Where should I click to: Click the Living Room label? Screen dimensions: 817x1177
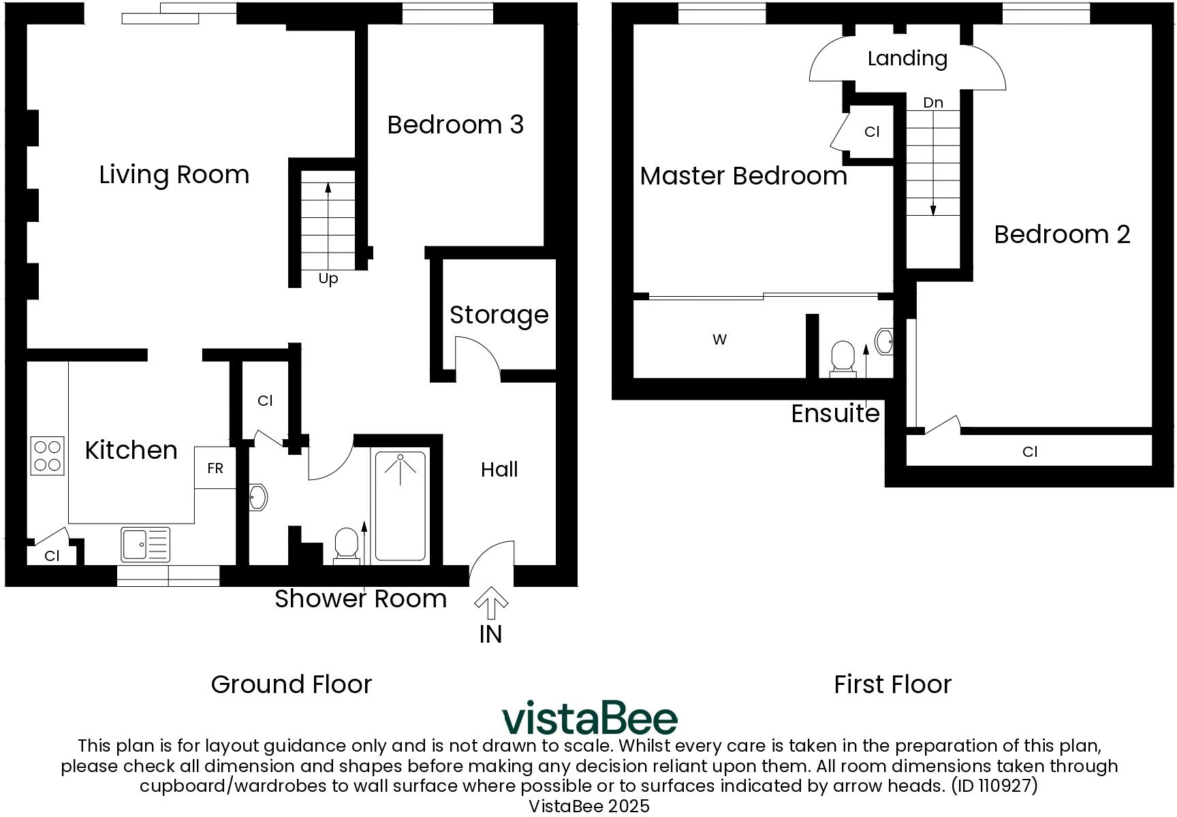(x=174, y=175)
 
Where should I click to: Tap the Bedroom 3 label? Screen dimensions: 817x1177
(x=455, y=125)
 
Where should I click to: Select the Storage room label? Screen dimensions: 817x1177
(x=499, y=315)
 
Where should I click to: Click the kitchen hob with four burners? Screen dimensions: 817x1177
(x=48, y=455)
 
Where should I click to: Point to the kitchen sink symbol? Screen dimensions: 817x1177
(x=145, y=544)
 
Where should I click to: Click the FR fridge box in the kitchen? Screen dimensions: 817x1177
(x=215, y=468)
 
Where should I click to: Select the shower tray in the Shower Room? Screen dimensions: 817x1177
(x=401, y=506)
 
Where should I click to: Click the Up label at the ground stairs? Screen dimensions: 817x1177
(x=328, y=278)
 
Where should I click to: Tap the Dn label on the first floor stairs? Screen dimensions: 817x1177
(x=933, y=103)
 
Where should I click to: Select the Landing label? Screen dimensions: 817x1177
(x=907, y=59)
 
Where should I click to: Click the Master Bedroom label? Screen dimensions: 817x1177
(x=743, y=176)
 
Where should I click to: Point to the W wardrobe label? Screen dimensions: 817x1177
(x=719, y=339)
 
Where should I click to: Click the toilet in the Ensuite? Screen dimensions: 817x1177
(x=843, y=358)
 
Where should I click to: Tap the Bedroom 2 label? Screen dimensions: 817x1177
(x=1062, y=234)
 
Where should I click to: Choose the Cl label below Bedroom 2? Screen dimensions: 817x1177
(x=1030, y=451)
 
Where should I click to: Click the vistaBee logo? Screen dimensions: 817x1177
(x=589, y=718)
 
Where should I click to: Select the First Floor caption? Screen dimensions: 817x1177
(x=892, y=684)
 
